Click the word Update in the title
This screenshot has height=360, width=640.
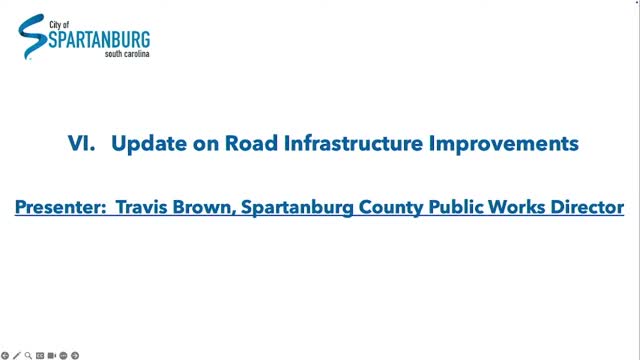tap(143, 144)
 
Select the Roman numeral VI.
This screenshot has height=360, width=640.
tap(81, 144)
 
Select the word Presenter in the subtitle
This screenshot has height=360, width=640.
tap(59, 208)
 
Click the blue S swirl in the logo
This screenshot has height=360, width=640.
tap(32, 38)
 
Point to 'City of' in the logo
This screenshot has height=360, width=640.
tap(58, 20)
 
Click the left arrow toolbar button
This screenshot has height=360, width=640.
tap(5, 355)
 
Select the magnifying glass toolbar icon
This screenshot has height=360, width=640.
tap(28, 355)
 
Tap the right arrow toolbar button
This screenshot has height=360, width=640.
tap(75, 355)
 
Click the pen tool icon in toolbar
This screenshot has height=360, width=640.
tap(16, 355)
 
